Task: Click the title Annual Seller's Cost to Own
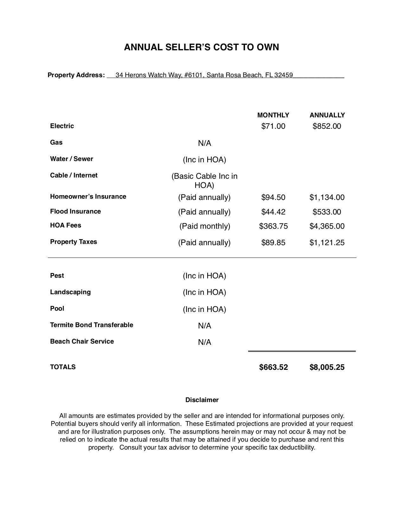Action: [202, 47]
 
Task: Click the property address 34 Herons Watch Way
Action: [204, 75]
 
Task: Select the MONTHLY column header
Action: [273, 115]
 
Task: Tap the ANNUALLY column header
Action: [327, 115]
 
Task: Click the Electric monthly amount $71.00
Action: [273, 126]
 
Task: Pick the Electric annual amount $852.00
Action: [327, 126]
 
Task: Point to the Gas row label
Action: [56, 142]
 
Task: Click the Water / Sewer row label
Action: [72, 159]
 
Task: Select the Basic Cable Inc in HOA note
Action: [204, 180]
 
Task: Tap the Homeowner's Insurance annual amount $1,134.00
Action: [327, 197]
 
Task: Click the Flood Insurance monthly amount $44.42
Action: [273, 212]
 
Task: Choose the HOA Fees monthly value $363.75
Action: [273, 226]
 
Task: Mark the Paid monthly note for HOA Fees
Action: [205, 226]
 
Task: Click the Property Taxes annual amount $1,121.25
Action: [327, 243]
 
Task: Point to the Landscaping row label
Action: [70, 292]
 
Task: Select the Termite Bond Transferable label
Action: [92, 325]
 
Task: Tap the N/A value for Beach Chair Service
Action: [204, 342]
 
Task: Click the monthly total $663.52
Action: [273, 367]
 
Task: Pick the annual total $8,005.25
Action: [327, 367]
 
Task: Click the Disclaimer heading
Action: [202, 400]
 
